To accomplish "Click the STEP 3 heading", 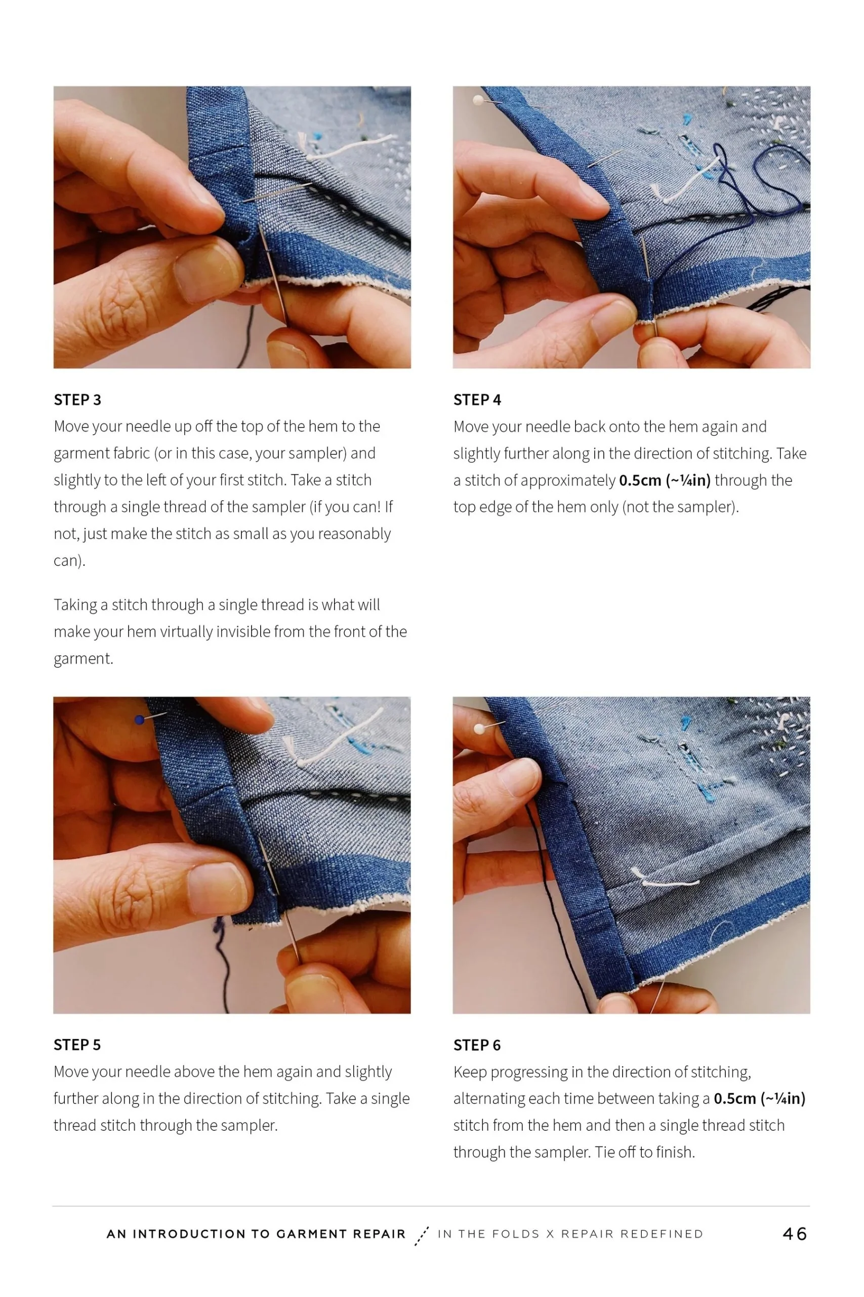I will pyautogui.click(x=77, y=400).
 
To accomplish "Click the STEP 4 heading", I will pyautogui.click(x=477, y=400).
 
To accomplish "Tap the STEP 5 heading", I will pyautogui.click(x=77, y=1045).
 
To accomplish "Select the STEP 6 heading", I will pyautogui.click(x=477, y=1045).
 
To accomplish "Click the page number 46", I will pyautogui.click(x=795, y=1234).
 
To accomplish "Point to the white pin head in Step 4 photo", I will pyautogui.click(x=478, y=100).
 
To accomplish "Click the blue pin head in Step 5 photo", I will pyautogui.click(x=139, y=719).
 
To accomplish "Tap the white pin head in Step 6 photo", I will pyautogui.click(x=479, y=729).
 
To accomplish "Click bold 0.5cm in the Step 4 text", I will pyautogui.click(x=640, y=480).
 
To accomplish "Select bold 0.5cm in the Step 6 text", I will pyautogui.click(x=734, y=1098).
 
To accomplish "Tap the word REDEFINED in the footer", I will pyautogui.click(x=661, y=1234).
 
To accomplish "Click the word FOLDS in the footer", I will pyautogui.click(x=515, y=1234).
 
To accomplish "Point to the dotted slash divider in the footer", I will pyautogui.click(x=422, y=1235).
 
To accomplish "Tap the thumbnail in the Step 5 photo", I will pyautogui.click(x=216, y=889).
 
